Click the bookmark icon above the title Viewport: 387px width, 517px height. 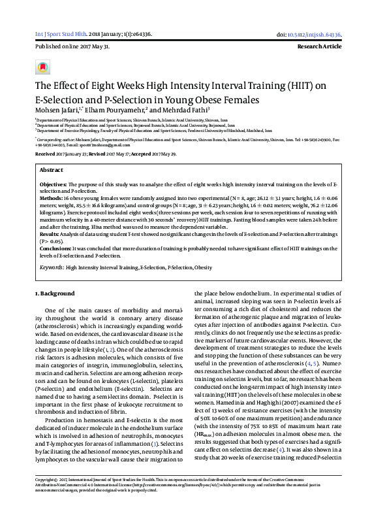tap(43, 67)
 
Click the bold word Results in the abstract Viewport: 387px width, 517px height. tap(50, 233)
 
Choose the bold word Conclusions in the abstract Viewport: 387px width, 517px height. tap(55, 248)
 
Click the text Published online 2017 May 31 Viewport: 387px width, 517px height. tap(72, 48)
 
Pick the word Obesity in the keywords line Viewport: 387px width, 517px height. tap(203, 267)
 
